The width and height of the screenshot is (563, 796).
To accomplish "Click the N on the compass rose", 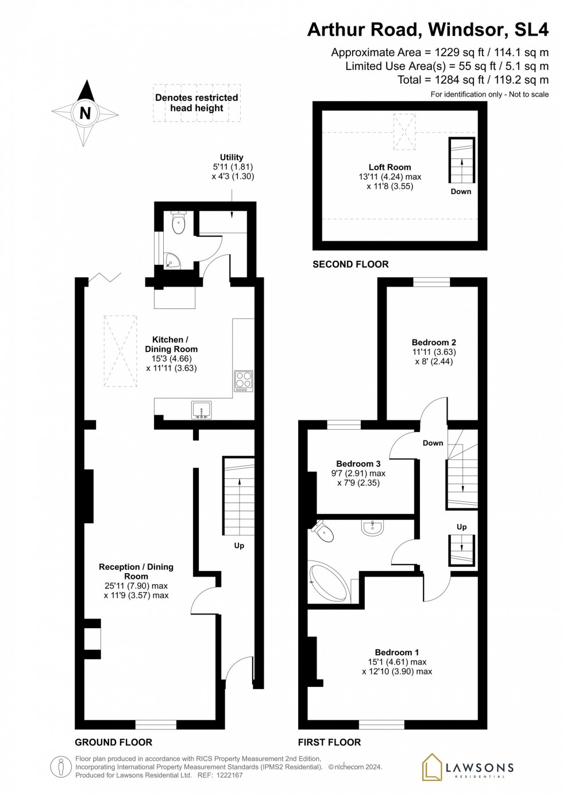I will point(85,113).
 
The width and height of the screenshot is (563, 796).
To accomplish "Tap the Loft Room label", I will point(390,167).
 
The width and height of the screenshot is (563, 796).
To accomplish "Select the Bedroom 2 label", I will point(434,342).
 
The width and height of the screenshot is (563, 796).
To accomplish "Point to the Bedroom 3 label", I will point(358,464).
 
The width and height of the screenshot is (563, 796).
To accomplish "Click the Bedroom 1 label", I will point(396,652).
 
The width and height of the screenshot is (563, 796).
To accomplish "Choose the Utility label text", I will point(232,157).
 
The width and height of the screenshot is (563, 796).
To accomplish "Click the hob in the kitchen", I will point(244,381).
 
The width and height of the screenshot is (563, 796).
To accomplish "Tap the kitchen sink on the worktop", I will point(201,409).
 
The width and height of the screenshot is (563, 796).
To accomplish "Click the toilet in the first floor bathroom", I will point(323,531).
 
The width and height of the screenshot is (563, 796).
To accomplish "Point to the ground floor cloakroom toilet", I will point(179,223).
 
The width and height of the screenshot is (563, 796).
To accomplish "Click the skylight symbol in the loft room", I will point(404,132).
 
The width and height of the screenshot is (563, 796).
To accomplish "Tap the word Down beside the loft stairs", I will point(461,192).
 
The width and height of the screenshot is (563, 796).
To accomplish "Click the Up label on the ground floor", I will point(239,546).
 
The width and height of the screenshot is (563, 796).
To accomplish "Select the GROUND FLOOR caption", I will point(113,742).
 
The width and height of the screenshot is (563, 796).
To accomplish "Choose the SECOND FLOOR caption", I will point(350,264).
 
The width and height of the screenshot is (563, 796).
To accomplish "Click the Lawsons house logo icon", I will point(432,767).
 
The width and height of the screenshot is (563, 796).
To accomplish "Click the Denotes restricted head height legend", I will point(196,103).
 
